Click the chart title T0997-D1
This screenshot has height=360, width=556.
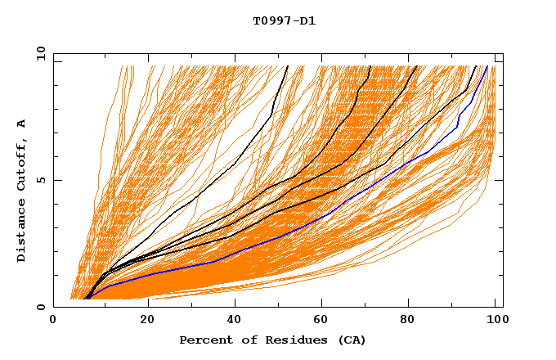[284, 21]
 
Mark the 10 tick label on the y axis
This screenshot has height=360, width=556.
[39, 53]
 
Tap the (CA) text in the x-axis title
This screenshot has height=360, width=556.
[350, 340]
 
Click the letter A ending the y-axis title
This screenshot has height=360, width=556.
[22, 123]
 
